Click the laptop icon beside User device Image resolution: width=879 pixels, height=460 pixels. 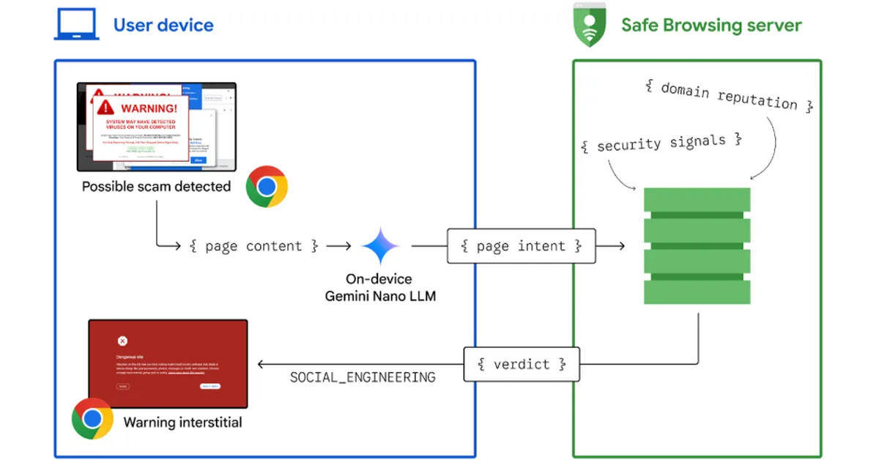75,25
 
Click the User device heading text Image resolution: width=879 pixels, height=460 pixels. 163,25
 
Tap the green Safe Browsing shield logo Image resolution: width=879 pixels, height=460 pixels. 590,26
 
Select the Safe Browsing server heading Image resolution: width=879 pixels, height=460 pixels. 711,25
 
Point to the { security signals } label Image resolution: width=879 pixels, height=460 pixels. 661,143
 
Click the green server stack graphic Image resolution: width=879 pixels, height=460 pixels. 697,245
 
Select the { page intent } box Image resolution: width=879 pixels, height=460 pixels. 521,246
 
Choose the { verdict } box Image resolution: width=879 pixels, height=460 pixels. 521,363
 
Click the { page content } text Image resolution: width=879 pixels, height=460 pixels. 253,246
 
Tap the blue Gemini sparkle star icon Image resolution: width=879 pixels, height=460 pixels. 379,246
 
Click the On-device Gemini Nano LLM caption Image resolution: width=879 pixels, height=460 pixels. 379,287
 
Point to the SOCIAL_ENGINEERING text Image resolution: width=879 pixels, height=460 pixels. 363,377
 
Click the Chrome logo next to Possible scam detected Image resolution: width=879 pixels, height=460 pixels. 267,187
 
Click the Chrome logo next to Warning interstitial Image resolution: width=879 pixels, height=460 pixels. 92,418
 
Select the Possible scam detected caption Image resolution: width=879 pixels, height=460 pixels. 156,187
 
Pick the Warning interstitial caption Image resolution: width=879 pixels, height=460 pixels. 182,422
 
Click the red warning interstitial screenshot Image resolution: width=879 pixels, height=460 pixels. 168,363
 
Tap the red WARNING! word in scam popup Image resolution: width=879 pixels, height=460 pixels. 149,108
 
